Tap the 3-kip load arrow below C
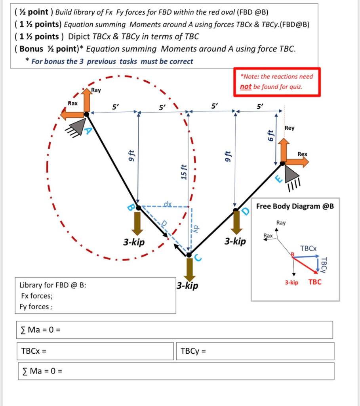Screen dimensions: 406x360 [189, 270]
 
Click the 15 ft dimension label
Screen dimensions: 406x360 [184, 171]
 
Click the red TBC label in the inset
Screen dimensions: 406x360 [315, 282]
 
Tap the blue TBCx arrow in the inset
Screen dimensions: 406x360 [306, 257]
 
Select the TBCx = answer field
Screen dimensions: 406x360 [95, 351]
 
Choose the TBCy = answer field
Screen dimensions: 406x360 [255, 351]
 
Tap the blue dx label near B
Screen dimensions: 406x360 [168, 203]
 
